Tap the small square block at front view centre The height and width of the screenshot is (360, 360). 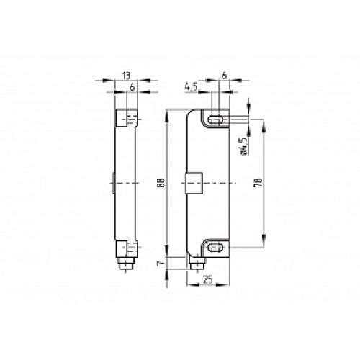(x=192, y=184)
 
